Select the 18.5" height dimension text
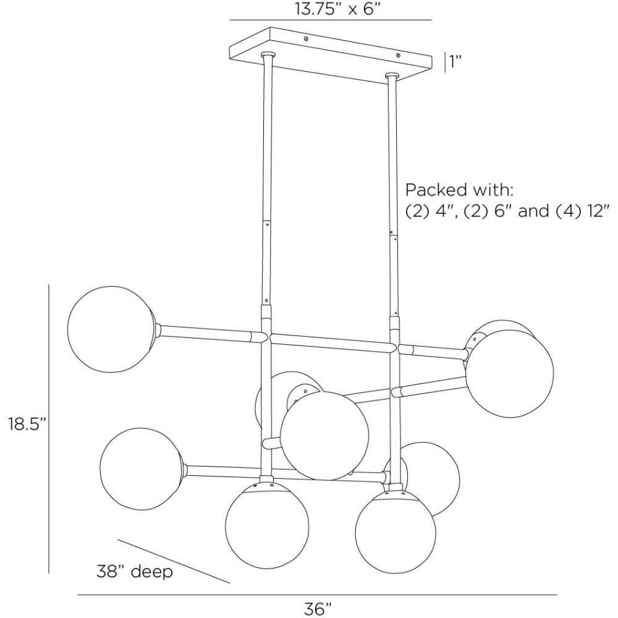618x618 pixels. (x=28, y=425)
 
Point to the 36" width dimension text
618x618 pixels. (x=318, y=609)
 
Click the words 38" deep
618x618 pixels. (x=135, y=571)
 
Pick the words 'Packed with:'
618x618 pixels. (x=460, y=190)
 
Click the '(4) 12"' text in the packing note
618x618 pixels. (x=583, y=211)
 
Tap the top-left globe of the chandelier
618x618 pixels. (x=111, y=329)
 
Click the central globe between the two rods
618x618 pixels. (x=326, y=436)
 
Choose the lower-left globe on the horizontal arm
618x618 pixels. (x=141, y=470)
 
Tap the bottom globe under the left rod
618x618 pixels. (x=266, y=526)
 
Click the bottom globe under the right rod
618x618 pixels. (x=396, y=531)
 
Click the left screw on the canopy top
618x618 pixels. (x=306, y=38)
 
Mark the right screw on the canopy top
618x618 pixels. (x=398, y=55)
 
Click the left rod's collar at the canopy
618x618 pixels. (x=268, y=54)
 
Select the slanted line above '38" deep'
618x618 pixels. (x=174, y=561)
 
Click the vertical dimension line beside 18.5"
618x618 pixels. (x=49, y=429)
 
